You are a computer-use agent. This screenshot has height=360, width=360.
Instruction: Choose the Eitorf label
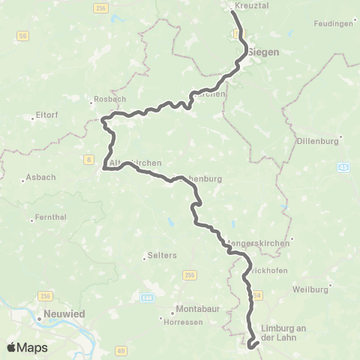[47, 115]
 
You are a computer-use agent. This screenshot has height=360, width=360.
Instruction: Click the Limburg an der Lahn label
[289, 332]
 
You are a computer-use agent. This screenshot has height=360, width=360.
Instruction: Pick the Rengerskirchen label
[258, 243]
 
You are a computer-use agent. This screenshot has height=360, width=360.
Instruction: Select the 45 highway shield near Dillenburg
[343, 167]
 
